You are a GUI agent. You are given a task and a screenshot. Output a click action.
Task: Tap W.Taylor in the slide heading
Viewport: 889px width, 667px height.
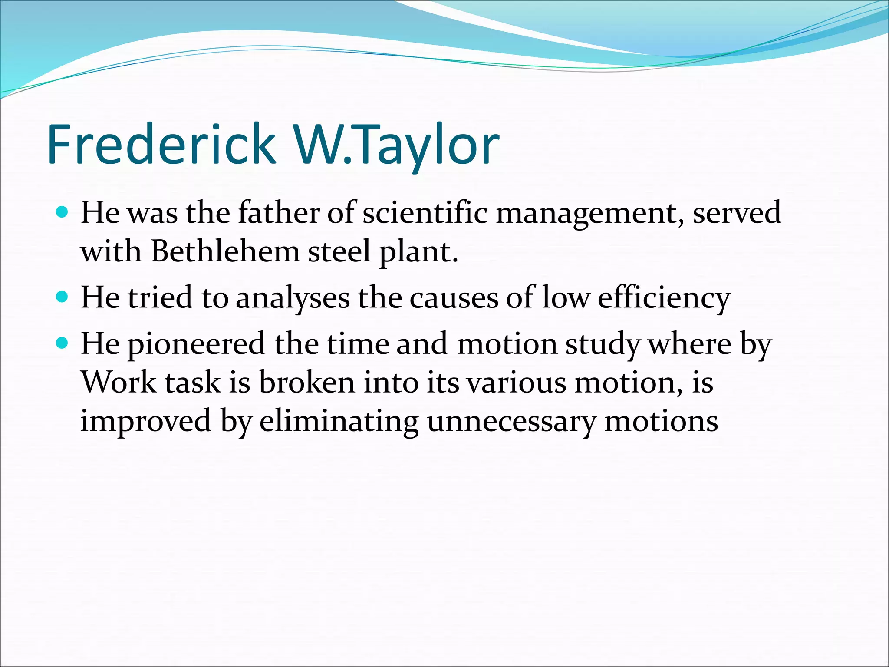(x=396, y=144)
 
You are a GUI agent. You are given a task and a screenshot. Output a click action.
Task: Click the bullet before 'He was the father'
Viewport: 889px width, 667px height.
(x=63, y=212)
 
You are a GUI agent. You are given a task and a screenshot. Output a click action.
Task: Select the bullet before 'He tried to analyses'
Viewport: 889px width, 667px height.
(x=63, y=297)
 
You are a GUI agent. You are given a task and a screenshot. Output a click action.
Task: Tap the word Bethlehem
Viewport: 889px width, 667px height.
(x=225, y=251)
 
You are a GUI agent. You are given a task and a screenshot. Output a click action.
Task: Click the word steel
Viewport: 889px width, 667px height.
(x=339, y=251)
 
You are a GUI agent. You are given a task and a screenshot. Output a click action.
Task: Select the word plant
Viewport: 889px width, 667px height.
(x=417, y=252)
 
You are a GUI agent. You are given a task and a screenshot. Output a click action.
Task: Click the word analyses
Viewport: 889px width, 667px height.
(x=293, y=299)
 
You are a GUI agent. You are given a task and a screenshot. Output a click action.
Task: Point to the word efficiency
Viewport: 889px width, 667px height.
(x=664, y=299)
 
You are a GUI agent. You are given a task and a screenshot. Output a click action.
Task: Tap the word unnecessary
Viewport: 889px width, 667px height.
(x=511, y=422)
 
